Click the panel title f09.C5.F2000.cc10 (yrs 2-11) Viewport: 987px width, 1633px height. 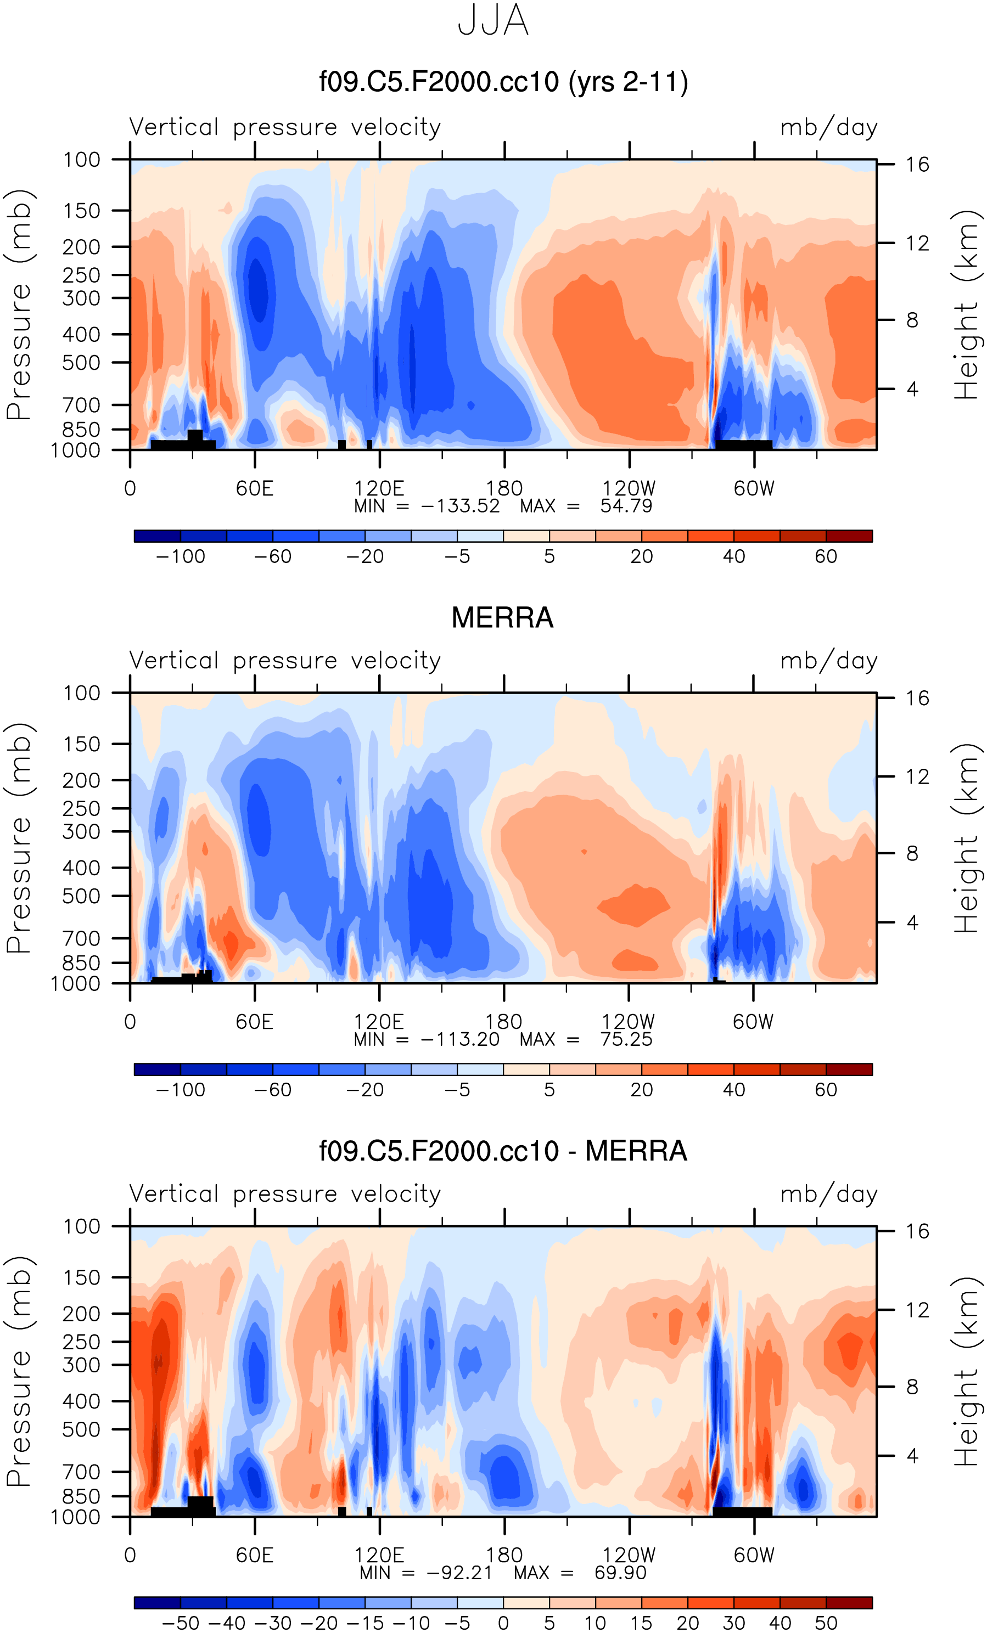tap(503, 82)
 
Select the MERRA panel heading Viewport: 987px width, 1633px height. tap(502, 618)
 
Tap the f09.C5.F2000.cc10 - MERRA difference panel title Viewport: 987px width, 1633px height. tap(503, 1151)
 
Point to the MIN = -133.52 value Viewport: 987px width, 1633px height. tap(460, 506)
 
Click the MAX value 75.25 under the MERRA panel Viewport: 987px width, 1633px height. tap(626, 1039)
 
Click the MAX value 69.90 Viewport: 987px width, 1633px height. tap(620, 1573)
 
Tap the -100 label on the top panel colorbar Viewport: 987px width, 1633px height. tap(180, 557)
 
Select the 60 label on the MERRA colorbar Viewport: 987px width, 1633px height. tap(826, 1090)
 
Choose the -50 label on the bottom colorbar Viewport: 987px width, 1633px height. tap(180, 1623)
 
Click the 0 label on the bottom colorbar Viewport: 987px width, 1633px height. tap(503, 1623)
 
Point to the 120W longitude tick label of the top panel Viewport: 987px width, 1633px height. tap(629, 488)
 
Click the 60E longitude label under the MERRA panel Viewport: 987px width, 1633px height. tap(255, 1022)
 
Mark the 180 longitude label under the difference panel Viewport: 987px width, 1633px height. tap(504, 1555)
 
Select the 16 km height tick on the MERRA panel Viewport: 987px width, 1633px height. tap(917, 698)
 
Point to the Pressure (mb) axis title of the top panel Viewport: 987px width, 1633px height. tap(19, 305)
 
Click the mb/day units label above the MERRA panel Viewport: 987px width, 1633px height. tap(828, 661)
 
